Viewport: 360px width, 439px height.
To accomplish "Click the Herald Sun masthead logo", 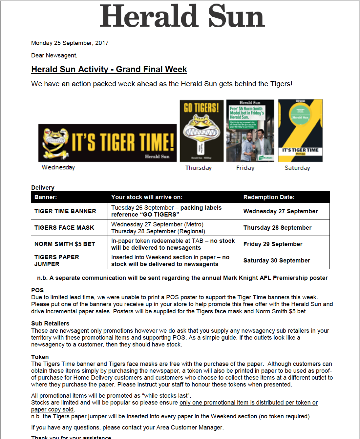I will (x=182, y=16).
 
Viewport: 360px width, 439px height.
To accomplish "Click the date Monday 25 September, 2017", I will (x=70, y=43).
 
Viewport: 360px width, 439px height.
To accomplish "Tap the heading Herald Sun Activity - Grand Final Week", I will (x=109, y=70).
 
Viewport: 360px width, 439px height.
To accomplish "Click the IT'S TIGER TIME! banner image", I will (x=108, y=143).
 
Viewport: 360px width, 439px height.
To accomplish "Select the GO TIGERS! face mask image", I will (x=201, y=131).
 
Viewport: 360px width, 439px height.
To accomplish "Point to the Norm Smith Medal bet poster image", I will (x=250, y=131).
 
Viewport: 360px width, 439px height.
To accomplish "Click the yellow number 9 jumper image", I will (x=300, y=131).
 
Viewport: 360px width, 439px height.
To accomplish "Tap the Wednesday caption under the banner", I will (x=58, y=167).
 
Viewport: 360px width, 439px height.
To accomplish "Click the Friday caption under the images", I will (x=245, y=168).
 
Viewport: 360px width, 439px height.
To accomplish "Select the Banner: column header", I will (x=46, y=197).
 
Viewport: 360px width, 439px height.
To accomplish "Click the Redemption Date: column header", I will (x=269, y=197).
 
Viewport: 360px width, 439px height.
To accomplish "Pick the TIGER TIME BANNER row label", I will (x=65, y=211).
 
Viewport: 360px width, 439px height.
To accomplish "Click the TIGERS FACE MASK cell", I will (x=64, y=228).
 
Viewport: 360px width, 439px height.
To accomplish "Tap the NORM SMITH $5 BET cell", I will (x=64, y=244).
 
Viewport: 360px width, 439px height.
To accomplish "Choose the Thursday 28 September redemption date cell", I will (x=277, y=228).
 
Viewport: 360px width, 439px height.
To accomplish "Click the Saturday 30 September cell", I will (x=276, y=261).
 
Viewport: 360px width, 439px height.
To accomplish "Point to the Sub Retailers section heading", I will (x=50, y=324).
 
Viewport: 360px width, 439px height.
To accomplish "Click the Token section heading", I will (x=40, y=357).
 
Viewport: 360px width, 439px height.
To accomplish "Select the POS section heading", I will (x=37, y=290).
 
